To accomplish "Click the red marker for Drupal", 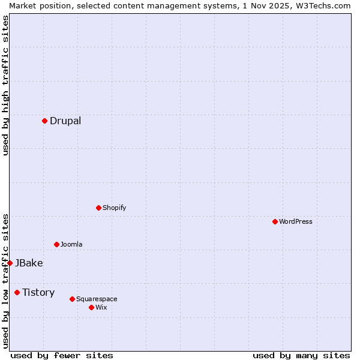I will [x=44, y=121].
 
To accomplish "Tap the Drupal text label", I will [x=65, y=121].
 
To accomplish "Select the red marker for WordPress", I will [x=275, y=221].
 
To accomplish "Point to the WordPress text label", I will [x=295, y=221].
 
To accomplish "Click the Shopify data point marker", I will [x=98, y=208].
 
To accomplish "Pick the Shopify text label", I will [x=114, y=208].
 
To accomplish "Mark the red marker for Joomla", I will [x=56, y=244].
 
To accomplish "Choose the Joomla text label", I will [x=71, y=244].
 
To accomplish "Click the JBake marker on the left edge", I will [x=10, y=263].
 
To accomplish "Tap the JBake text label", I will [x=29, y=263].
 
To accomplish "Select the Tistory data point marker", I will [x=17, y=292].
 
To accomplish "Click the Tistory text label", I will [x=38, y=292].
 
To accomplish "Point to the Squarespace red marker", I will [x=72, y=299].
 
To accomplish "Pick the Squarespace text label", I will [x=97, y=299].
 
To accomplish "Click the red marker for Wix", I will [x=91, y=307].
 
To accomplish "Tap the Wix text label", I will [x=101, y=307].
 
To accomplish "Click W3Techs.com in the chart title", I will [x=322, y=5].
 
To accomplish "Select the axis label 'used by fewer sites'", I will [x=62, y=355].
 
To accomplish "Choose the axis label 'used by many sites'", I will [x=301, y=355].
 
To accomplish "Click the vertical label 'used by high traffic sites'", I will [x=5, y=85].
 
